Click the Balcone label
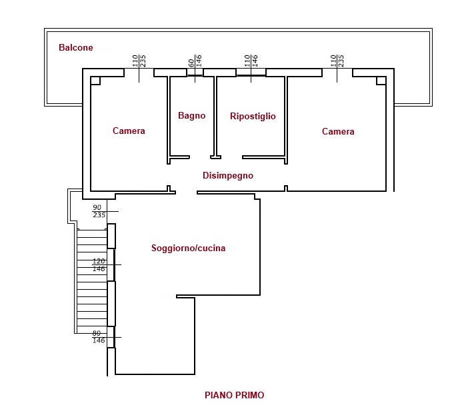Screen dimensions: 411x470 pyautogui.click(x=76, y=48)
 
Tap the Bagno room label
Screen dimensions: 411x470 pyautogui.click(x=191, y=115)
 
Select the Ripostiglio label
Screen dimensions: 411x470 pyautogui.click(x=253, y=116)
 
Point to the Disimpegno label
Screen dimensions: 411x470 pyautogui.click(x=228, y=175)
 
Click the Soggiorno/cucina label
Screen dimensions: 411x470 pyautogui.click(x=188, y=248)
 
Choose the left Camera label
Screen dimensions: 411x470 pyautogui.click(x=129, y=131)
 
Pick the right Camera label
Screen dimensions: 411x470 pyautogui.click(x=338, y=131)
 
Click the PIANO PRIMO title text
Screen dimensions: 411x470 pyautogui.click(x=234, y=395)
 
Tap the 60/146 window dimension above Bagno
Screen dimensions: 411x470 pyautogui.click(x=195, y=63)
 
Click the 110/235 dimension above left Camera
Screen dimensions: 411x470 pyautogui.click(x=139, y=61)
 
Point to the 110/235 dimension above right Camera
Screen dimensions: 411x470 pyautogui.click(x=337, y=61)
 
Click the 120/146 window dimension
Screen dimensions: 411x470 pyautogui.click(x=99, y=265)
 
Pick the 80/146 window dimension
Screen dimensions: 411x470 pyautogui.click(x=98, y=337)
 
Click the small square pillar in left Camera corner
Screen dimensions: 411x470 pyautogui.click(x=95, y=81)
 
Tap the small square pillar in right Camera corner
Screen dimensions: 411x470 pyautogui.click(x=381, y=81)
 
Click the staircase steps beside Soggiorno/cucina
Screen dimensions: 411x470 pyautogui.click(x=92, y=280)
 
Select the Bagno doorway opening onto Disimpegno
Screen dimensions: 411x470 pyautogui.click(x=200, y=157)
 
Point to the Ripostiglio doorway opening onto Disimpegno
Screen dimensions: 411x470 pyautogui.click(x=231, y=157)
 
